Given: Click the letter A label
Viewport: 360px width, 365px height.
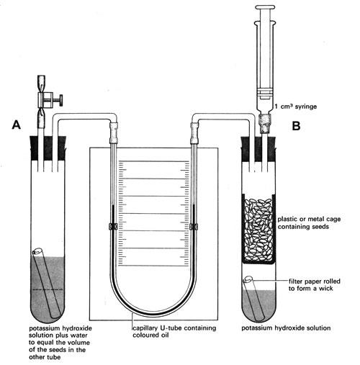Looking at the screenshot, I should coord(17,125).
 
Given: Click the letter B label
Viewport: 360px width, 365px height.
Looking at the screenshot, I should coord(294,125).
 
